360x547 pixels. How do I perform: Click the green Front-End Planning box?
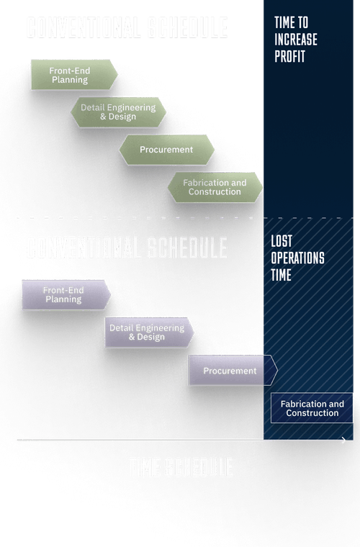pyautogui.click(x=73, y=75)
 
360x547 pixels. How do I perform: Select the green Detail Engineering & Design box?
pyautogui.click(x=118, y=112)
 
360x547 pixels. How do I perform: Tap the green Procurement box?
pyautogui.click(x=166, y=150)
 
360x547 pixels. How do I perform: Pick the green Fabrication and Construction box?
pyautogui.click(x=214, y=187)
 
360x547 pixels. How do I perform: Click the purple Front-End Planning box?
pyautogui.click(x=65, y=295)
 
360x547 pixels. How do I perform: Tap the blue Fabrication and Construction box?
pyautogui.click(x=312, y=408)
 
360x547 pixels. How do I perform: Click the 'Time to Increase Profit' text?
pyautogui.click(x=296, y=40)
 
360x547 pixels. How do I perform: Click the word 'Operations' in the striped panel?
pyautogui.click(x=298, y=258)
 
